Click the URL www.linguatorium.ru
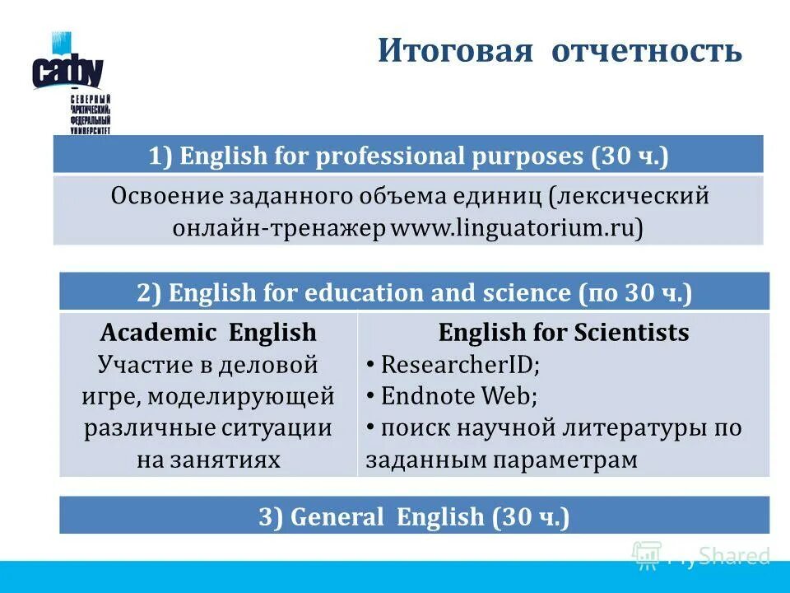(516, 227)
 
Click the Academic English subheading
(207, 332)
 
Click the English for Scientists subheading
(564, 332)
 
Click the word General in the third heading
(338, 516)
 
